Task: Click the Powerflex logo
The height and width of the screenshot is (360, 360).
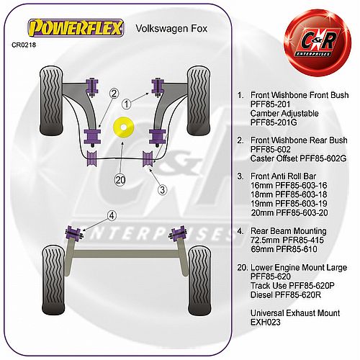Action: click(76, 28)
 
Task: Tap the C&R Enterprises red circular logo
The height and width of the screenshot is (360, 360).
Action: click(318, 42)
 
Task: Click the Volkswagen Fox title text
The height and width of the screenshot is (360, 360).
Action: click(171, 29)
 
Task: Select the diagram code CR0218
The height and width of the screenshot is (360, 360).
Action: click(24, 45)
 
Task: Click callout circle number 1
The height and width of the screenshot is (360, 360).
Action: click(127, 104)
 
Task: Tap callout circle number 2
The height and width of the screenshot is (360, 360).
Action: click(114, 94)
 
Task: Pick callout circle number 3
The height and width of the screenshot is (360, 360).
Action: click(163, 190)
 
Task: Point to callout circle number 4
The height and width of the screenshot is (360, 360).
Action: click(112, 215)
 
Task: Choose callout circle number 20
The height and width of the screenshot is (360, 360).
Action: click(120, 180)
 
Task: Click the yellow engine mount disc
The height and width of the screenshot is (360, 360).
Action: click(123, 127)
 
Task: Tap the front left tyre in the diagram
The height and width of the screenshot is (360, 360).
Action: click(51, 101)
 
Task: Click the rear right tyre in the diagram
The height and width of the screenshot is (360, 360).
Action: click(200, 281)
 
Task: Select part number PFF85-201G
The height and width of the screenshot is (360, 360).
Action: click(274, 122)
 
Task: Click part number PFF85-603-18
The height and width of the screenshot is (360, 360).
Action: click(301, 194)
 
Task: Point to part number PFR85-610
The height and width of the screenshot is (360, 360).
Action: click(297, 249)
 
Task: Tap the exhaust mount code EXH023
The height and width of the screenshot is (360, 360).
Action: click(265, 322)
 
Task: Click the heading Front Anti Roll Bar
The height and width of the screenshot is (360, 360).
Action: click(283, 176)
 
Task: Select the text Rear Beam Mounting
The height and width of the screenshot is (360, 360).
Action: click(288, 231)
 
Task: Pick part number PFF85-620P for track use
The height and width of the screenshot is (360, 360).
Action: click(312, 286)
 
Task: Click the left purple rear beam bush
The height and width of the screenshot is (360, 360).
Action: click(74, 233)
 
